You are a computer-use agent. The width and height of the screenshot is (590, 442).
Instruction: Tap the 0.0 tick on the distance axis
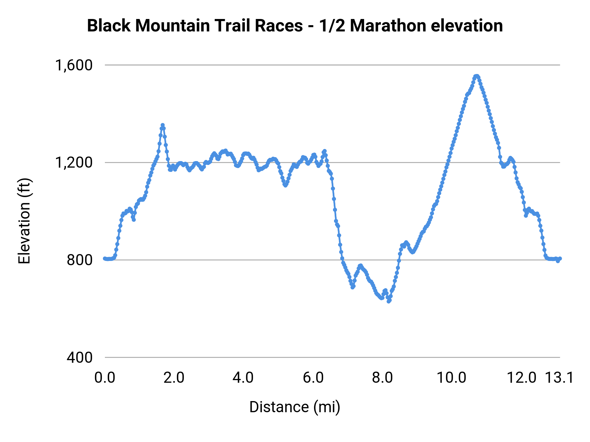pyautogui.click(x=105, y=378)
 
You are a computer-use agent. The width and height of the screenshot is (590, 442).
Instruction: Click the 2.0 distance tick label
pyautogui.click(x=174, y=378)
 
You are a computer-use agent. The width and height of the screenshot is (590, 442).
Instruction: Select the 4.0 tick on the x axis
pyautogui.click(x=243, y=378)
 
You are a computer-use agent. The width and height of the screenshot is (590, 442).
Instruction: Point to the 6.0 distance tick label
pyautogui.click(x=313, y=378)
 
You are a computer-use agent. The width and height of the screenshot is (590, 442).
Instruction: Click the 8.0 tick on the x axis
pyautogui.click(x=382, y=378)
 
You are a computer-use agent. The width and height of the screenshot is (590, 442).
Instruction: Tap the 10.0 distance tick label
pyautogui.click(x=452, y=378)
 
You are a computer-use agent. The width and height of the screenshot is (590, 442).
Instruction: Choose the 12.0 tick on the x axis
pyautogui.click(x=521, y=378)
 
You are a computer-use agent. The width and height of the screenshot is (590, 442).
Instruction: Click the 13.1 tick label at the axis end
pyautogui.click(x=559, y=378)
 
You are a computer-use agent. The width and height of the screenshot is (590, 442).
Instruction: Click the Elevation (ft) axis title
pyautogui.click(x=24, y=221)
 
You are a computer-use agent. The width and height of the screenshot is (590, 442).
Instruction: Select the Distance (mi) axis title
pyautogui.click(x=295, y=407)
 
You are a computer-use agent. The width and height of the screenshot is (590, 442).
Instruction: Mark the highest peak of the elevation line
pyautogui.click(x=477, y=76)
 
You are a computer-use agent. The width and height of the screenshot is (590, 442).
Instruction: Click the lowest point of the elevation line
pyautogui.click(x=389, y=301)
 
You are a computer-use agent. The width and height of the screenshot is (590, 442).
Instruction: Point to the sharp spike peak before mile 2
pyautogui.click(x=163, y=125)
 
